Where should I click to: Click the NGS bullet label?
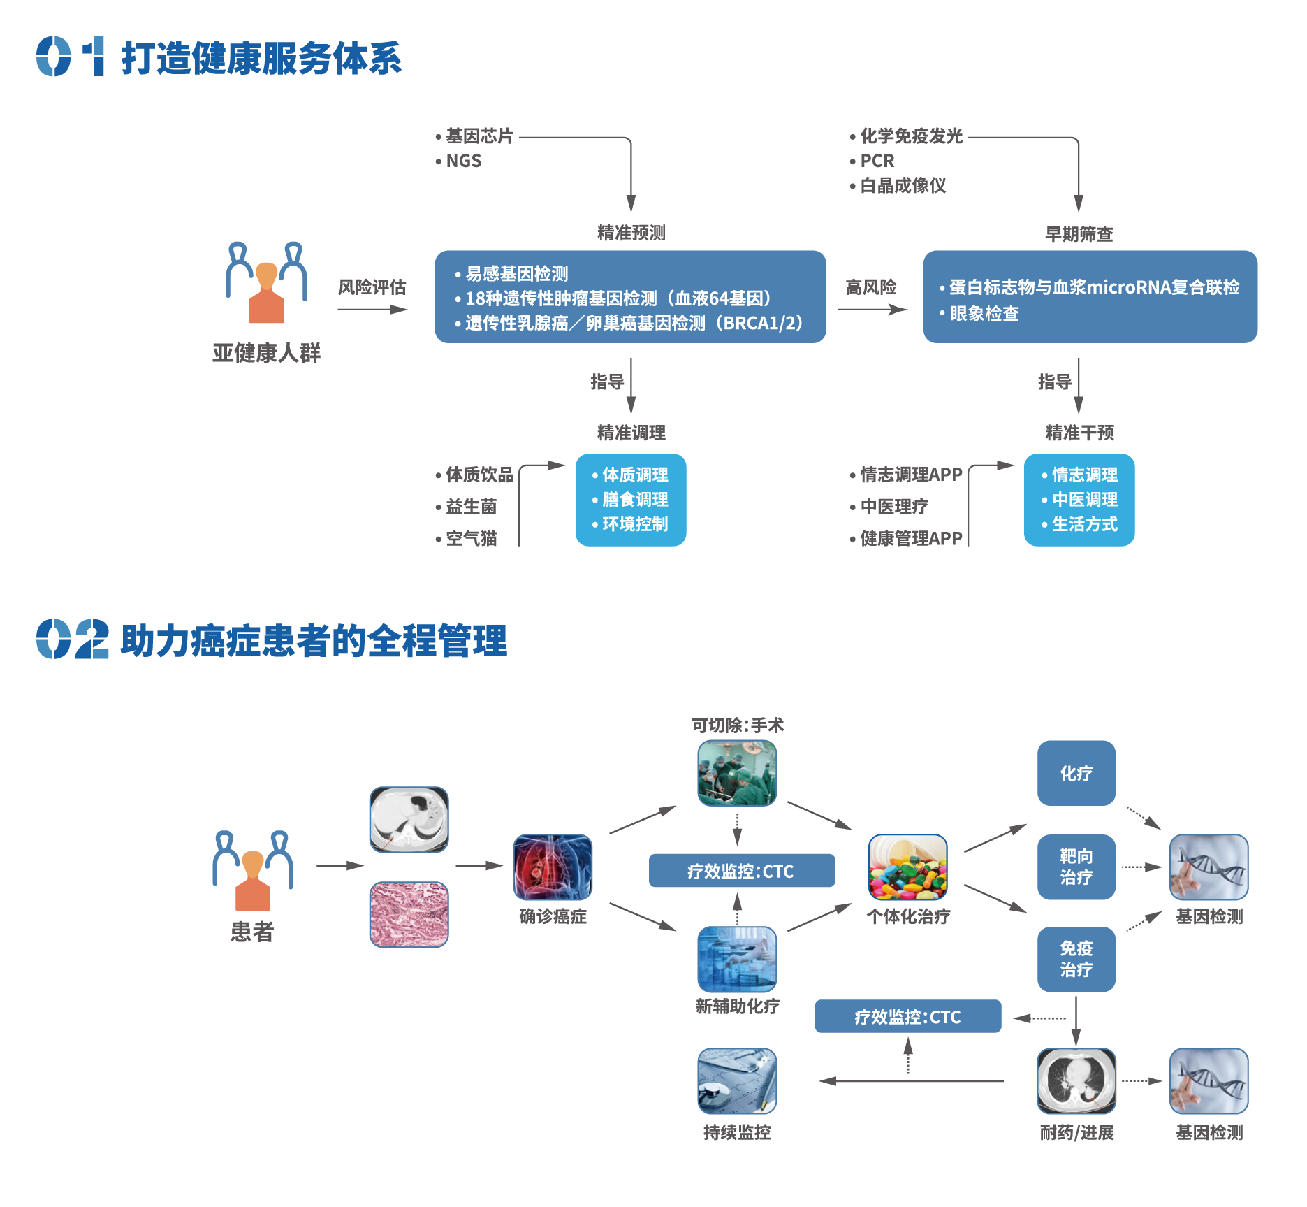464,161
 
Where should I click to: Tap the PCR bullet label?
877,161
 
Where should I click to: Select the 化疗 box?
1076,773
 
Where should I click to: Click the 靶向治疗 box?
1076,867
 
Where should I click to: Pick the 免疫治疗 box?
1076,959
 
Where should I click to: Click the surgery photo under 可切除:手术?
737,773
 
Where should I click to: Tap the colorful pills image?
907,867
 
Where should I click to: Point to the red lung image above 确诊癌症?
553,867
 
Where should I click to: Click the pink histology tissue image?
409,914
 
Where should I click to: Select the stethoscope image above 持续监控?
737,1080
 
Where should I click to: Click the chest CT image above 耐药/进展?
1076,1080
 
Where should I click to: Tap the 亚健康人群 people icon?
266,282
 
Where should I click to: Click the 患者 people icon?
253,870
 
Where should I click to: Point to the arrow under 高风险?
872,309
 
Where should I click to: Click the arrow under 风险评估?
372,309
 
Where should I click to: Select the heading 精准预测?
631,233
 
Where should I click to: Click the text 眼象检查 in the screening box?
984,314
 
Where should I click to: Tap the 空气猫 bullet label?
472,538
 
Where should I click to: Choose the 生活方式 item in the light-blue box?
1085,524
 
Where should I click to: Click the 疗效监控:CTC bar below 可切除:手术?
742,871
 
